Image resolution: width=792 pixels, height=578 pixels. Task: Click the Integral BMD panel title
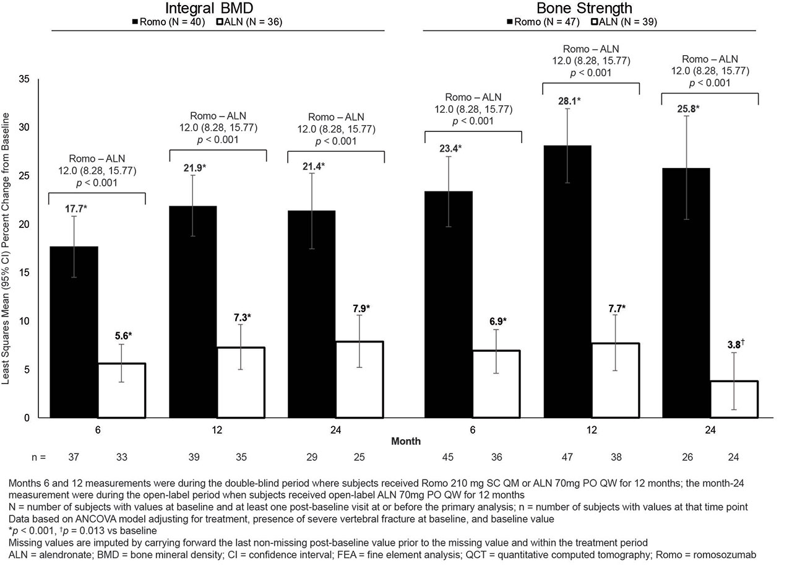209,9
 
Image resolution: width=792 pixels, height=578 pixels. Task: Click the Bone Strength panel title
584,9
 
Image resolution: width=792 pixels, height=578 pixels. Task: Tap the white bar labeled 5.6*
121,390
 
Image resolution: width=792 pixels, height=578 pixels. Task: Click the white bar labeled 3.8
734,399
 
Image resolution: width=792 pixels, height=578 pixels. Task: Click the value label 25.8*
687,109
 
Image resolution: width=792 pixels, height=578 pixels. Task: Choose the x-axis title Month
406,441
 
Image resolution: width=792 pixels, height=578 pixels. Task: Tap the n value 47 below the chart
567,457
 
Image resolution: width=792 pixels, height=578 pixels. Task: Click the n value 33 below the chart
121,457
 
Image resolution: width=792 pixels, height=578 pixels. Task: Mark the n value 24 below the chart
734,457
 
